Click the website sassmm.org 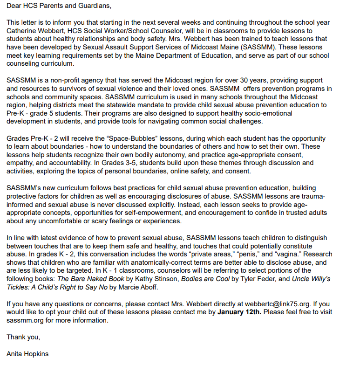tap(24, 320)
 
